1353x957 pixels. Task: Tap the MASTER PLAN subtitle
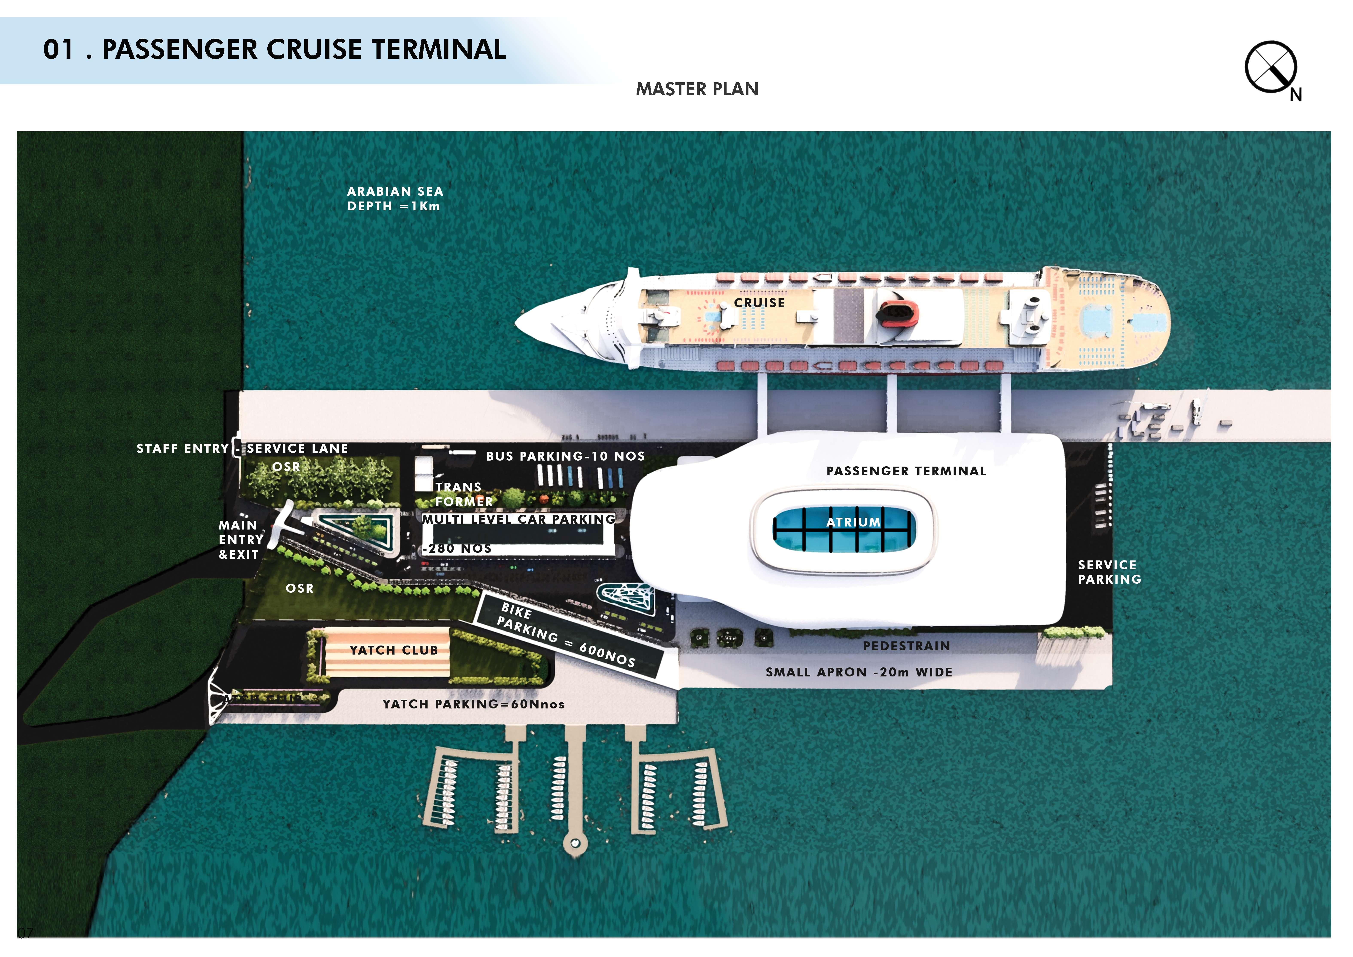(697, 89)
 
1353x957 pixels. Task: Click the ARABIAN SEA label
(395, 192)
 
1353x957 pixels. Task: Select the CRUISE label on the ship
(759, 303)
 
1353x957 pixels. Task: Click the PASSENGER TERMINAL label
(906, 471)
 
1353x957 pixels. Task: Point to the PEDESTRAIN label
(906, 646)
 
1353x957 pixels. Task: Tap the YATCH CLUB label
(394, 650)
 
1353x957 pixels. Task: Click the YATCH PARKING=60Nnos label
(473, 704)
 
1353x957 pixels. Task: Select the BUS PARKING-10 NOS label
(565, 456)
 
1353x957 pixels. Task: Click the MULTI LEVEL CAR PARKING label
(519, 519)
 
